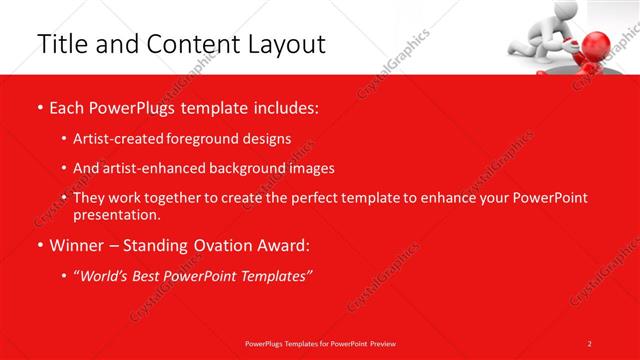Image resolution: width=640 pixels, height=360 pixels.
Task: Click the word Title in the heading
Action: [x=57, y=44]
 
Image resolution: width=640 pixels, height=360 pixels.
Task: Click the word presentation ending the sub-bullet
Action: [x=115, y=214]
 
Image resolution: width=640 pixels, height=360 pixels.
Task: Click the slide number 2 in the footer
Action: [x=590, y=343]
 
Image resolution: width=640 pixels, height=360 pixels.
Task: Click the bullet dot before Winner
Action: [x=39, y=245]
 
